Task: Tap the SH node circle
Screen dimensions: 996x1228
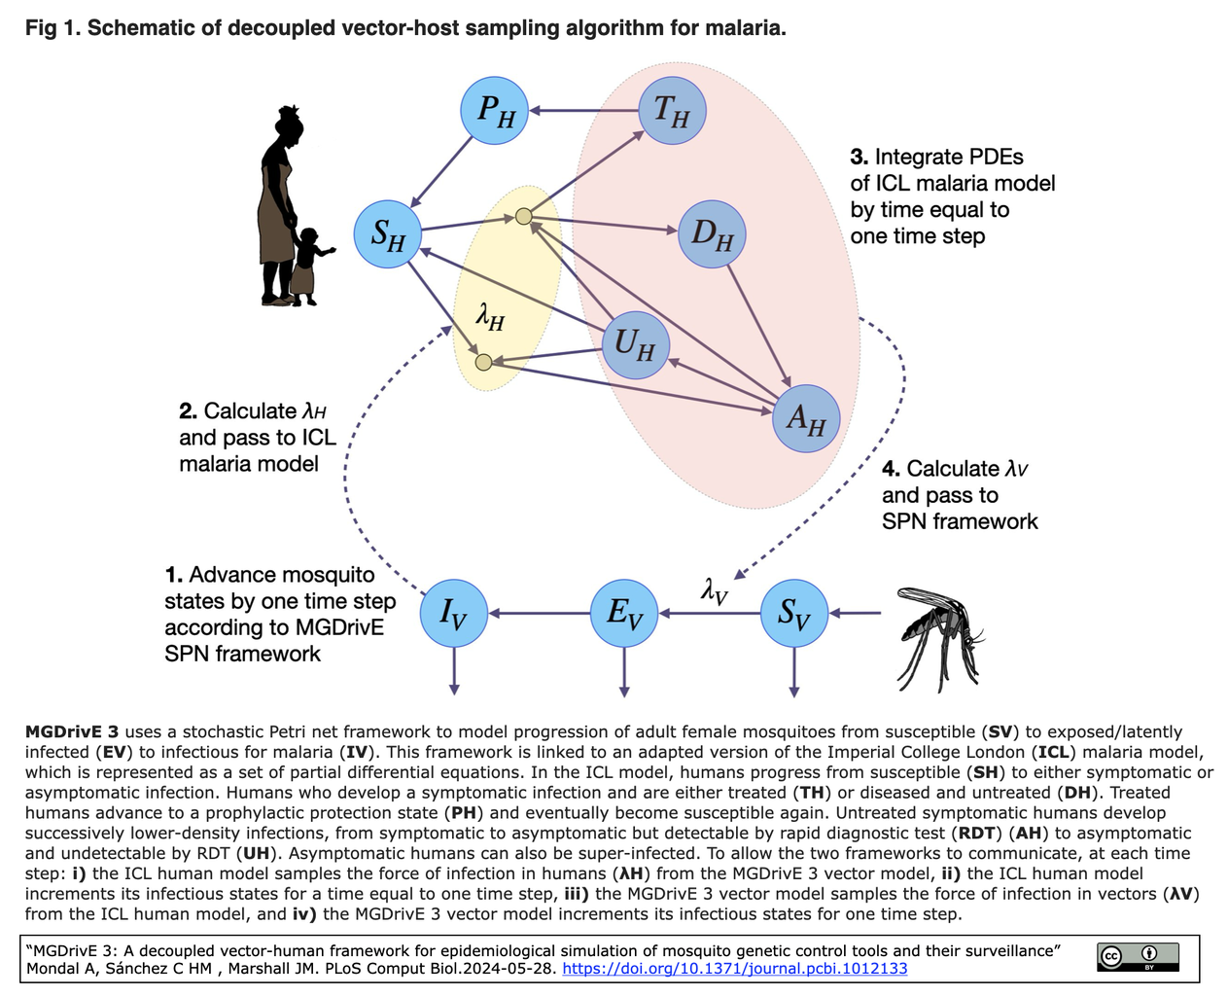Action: pos(387,233)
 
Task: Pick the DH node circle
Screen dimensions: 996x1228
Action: pos(712,234)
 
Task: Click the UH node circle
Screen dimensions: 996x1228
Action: pos(636,345)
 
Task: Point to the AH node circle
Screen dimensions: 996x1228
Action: pos(806,418)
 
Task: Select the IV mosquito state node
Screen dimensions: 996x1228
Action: pos(453,613)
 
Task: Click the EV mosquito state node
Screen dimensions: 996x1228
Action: pos(624,613)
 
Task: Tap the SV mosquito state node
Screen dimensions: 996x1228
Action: pos(794,613)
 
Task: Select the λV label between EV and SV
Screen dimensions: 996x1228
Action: pos(715,590)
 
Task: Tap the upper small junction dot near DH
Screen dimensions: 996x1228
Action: pos(524,216)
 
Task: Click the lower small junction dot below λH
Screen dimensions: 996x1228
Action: pos(483,363)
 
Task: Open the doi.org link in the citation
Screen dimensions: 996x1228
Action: pos(735,969)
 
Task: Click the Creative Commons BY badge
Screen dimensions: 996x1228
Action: pos(1138,957)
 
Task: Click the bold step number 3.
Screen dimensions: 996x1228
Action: pos(859,158)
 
